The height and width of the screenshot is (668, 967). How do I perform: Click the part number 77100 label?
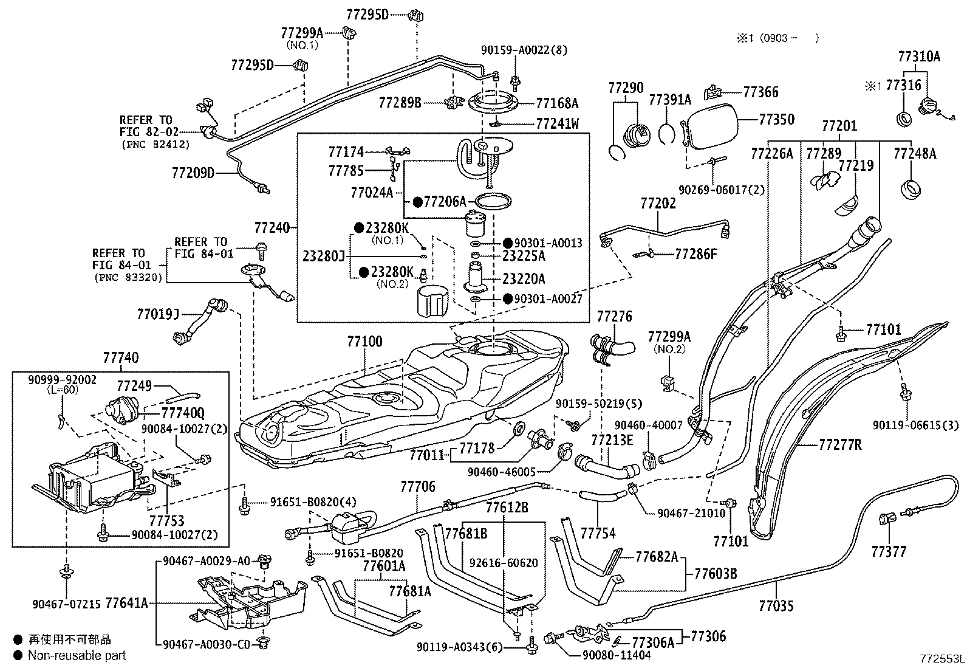365,341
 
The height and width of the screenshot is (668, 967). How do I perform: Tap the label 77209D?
193,174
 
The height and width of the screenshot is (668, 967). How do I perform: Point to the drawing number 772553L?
941,659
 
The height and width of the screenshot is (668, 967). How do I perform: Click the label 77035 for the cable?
776,606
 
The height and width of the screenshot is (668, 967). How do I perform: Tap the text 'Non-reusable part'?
77,655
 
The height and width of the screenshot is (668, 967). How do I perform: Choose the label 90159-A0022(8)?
523,50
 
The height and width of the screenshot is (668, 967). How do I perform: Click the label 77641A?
126,603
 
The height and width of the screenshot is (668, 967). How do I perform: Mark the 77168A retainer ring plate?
497,104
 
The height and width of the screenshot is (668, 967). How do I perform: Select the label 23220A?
524,279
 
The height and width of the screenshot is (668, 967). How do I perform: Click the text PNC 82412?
155,145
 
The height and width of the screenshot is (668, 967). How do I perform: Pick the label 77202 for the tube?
658,202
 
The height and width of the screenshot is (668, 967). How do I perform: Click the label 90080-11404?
617,655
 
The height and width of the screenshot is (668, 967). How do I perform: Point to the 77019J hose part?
197,320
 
